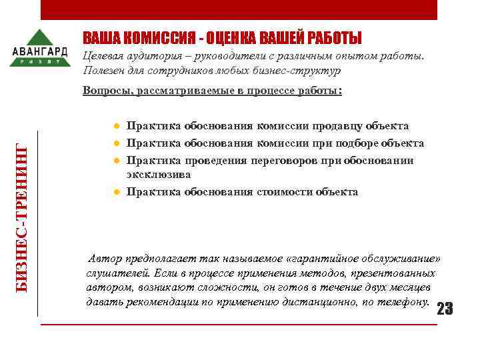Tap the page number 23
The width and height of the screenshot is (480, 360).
[x=444, y=308]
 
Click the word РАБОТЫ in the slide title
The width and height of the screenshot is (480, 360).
[x=333, y=38]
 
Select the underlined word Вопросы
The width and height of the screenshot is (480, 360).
[x=105, y=91]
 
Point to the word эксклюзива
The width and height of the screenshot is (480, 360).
[x=159, y=174]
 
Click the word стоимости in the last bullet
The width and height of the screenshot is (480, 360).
[x=283, y=192]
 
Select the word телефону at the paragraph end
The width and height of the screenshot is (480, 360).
[x=403, y=301]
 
